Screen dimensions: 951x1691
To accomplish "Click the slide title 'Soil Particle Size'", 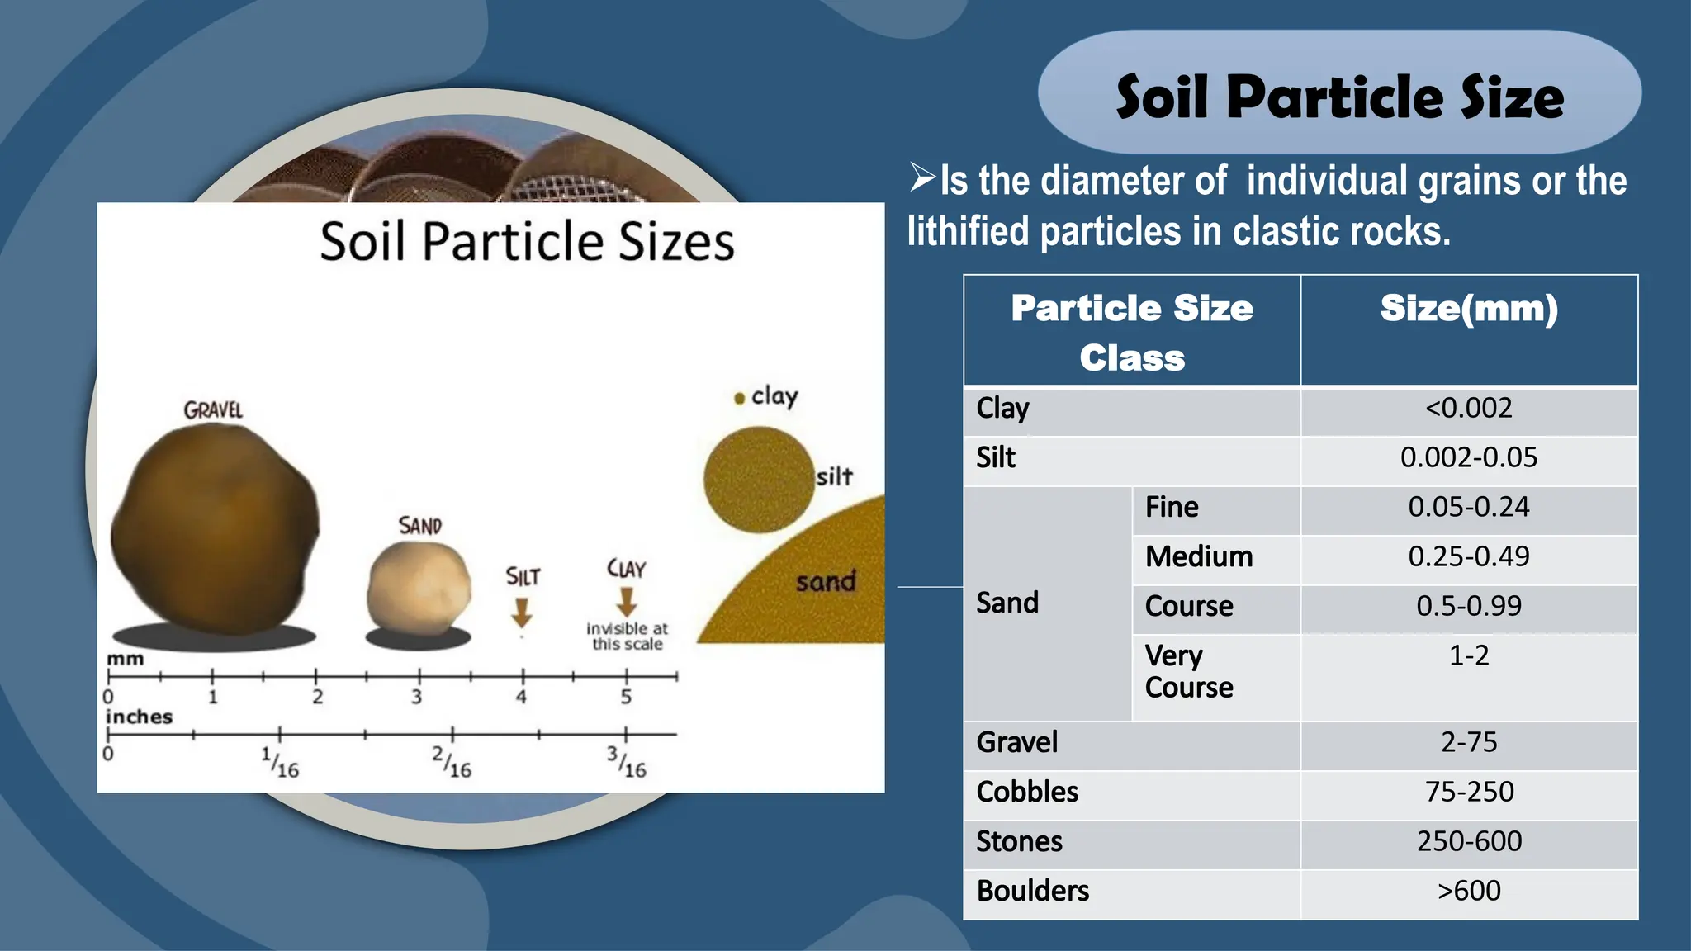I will coord(1339,97).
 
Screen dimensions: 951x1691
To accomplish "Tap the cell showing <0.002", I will coord(1468,408).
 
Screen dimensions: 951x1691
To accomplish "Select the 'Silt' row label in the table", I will coord(996,457).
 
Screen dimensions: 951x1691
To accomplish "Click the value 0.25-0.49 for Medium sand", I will coord(1468,556).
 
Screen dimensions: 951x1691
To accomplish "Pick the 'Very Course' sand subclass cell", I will coord(1189,671).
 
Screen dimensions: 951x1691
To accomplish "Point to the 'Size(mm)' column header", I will coord(1468,309).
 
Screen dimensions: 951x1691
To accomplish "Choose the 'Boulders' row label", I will coord(1032,891).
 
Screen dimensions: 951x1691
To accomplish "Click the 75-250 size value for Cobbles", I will coord(1468,792).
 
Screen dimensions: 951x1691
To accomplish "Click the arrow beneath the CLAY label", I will coord(627,601).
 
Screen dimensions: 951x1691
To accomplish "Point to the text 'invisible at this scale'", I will coord(627,636).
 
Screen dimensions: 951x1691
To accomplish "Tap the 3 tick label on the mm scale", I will coord(417,697).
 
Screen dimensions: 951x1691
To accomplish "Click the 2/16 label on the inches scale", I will coord(452,762).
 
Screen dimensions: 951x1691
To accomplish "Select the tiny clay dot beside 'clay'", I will coord(739,399).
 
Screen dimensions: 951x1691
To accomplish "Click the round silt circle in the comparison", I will coord(759,480).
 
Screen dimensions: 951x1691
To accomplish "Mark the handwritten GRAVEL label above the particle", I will coord(213,410).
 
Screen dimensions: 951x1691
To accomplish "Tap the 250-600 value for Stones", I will coord(1468,841).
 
